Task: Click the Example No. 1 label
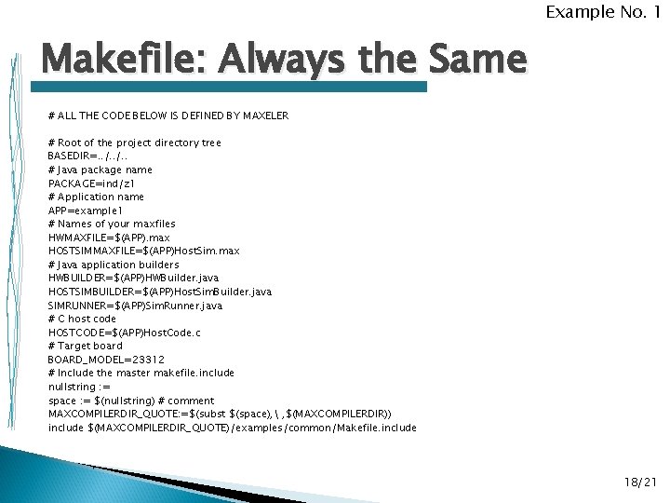(602, 12)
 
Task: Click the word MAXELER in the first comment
(265, 116)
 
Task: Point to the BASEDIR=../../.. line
(86, 156)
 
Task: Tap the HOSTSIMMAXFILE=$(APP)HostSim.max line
(143, 251)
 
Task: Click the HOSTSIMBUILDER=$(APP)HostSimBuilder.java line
(160, 292)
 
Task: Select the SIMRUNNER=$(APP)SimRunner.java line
(135, 306)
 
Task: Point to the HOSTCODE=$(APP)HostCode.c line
(125, 333)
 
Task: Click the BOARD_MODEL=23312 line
(106, 360)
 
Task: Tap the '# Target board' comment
(85, 346)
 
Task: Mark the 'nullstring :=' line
(79, 387)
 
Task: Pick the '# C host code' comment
(82, 319)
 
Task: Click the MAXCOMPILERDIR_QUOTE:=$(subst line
(220, 414)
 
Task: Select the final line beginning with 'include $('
(232, 428)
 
